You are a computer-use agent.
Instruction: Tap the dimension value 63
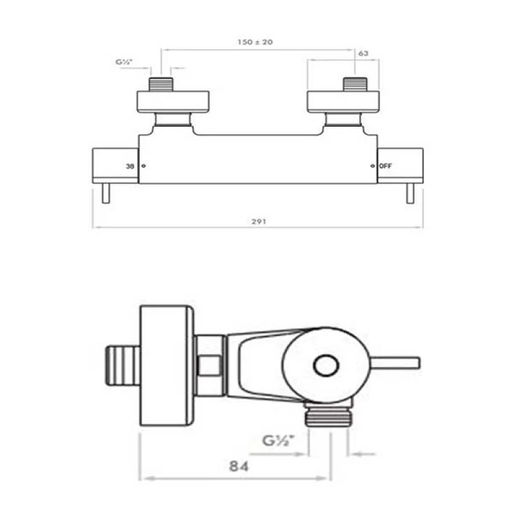[363, 54]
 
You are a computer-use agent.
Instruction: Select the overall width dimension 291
[258, 221]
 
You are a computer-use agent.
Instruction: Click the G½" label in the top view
[124, 63]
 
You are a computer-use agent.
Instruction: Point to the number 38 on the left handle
[130, 167]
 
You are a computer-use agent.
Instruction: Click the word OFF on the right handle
[386, 167]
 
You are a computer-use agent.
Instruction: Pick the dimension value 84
[237, 465]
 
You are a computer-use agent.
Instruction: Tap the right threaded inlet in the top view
[355, 84]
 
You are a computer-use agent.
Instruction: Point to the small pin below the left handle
[106, 194]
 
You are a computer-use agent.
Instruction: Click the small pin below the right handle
[410, 194]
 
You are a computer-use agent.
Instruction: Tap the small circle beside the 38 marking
[143, 167]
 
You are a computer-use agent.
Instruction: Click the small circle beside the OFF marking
[373, 167]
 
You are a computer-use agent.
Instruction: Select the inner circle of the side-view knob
[326, 366]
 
